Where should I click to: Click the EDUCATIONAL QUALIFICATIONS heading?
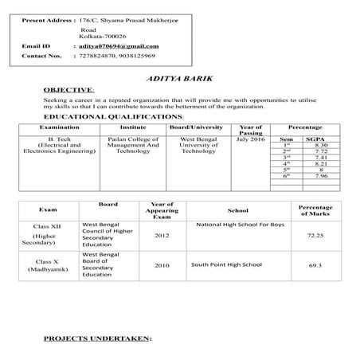(x=111, y=117)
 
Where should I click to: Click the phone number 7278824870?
(x=96, y=57)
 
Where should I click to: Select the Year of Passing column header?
(x=251, y=130)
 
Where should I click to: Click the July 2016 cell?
(x=251, y=139)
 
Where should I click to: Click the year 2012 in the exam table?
(x=162, y=237)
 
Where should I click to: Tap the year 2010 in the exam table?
(x=162, y=264)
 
